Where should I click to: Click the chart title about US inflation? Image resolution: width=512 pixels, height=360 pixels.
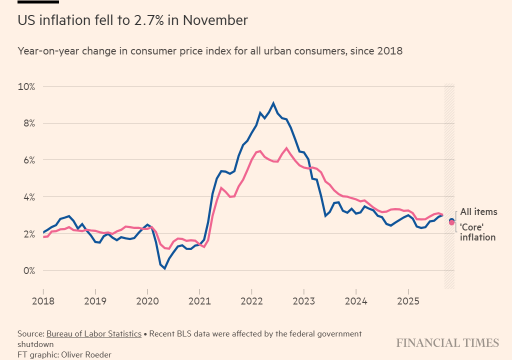click(132, 20)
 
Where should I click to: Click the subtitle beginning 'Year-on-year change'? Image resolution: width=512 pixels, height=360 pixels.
click(210, 51)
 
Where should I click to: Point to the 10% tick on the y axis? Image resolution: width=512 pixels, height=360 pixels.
click(26, 86)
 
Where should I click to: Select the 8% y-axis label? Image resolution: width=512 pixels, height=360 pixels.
click(28, 123)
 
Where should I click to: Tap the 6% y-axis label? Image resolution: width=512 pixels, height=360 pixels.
click(28, 160)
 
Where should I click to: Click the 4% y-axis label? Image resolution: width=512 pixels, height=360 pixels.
click(28, 197)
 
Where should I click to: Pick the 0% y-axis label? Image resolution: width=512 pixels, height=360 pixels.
click(28, 271)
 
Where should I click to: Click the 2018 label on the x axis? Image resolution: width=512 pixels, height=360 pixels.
click(43, 302)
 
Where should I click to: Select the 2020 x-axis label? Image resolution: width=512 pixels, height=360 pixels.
click(147, 302)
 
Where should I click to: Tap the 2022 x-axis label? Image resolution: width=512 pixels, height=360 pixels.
click(251, 302)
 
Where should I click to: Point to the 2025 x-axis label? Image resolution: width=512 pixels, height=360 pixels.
click(408, 302)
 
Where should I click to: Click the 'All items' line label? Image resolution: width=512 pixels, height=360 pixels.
click(478, 212)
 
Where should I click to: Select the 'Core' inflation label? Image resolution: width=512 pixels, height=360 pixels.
click(477, 232)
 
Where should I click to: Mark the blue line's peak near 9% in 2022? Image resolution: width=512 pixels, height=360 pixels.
click(273, 103)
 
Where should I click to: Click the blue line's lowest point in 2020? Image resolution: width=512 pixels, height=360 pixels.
click(164, 268)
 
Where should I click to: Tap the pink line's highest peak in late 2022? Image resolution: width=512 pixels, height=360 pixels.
click(286, 148)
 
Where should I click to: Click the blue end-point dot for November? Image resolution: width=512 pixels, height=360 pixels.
click(451, 220)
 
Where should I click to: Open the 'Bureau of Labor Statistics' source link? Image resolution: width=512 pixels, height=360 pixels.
click(93, 333)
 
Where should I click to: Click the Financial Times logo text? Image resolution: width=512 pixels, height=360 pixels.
click(447, 343)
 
